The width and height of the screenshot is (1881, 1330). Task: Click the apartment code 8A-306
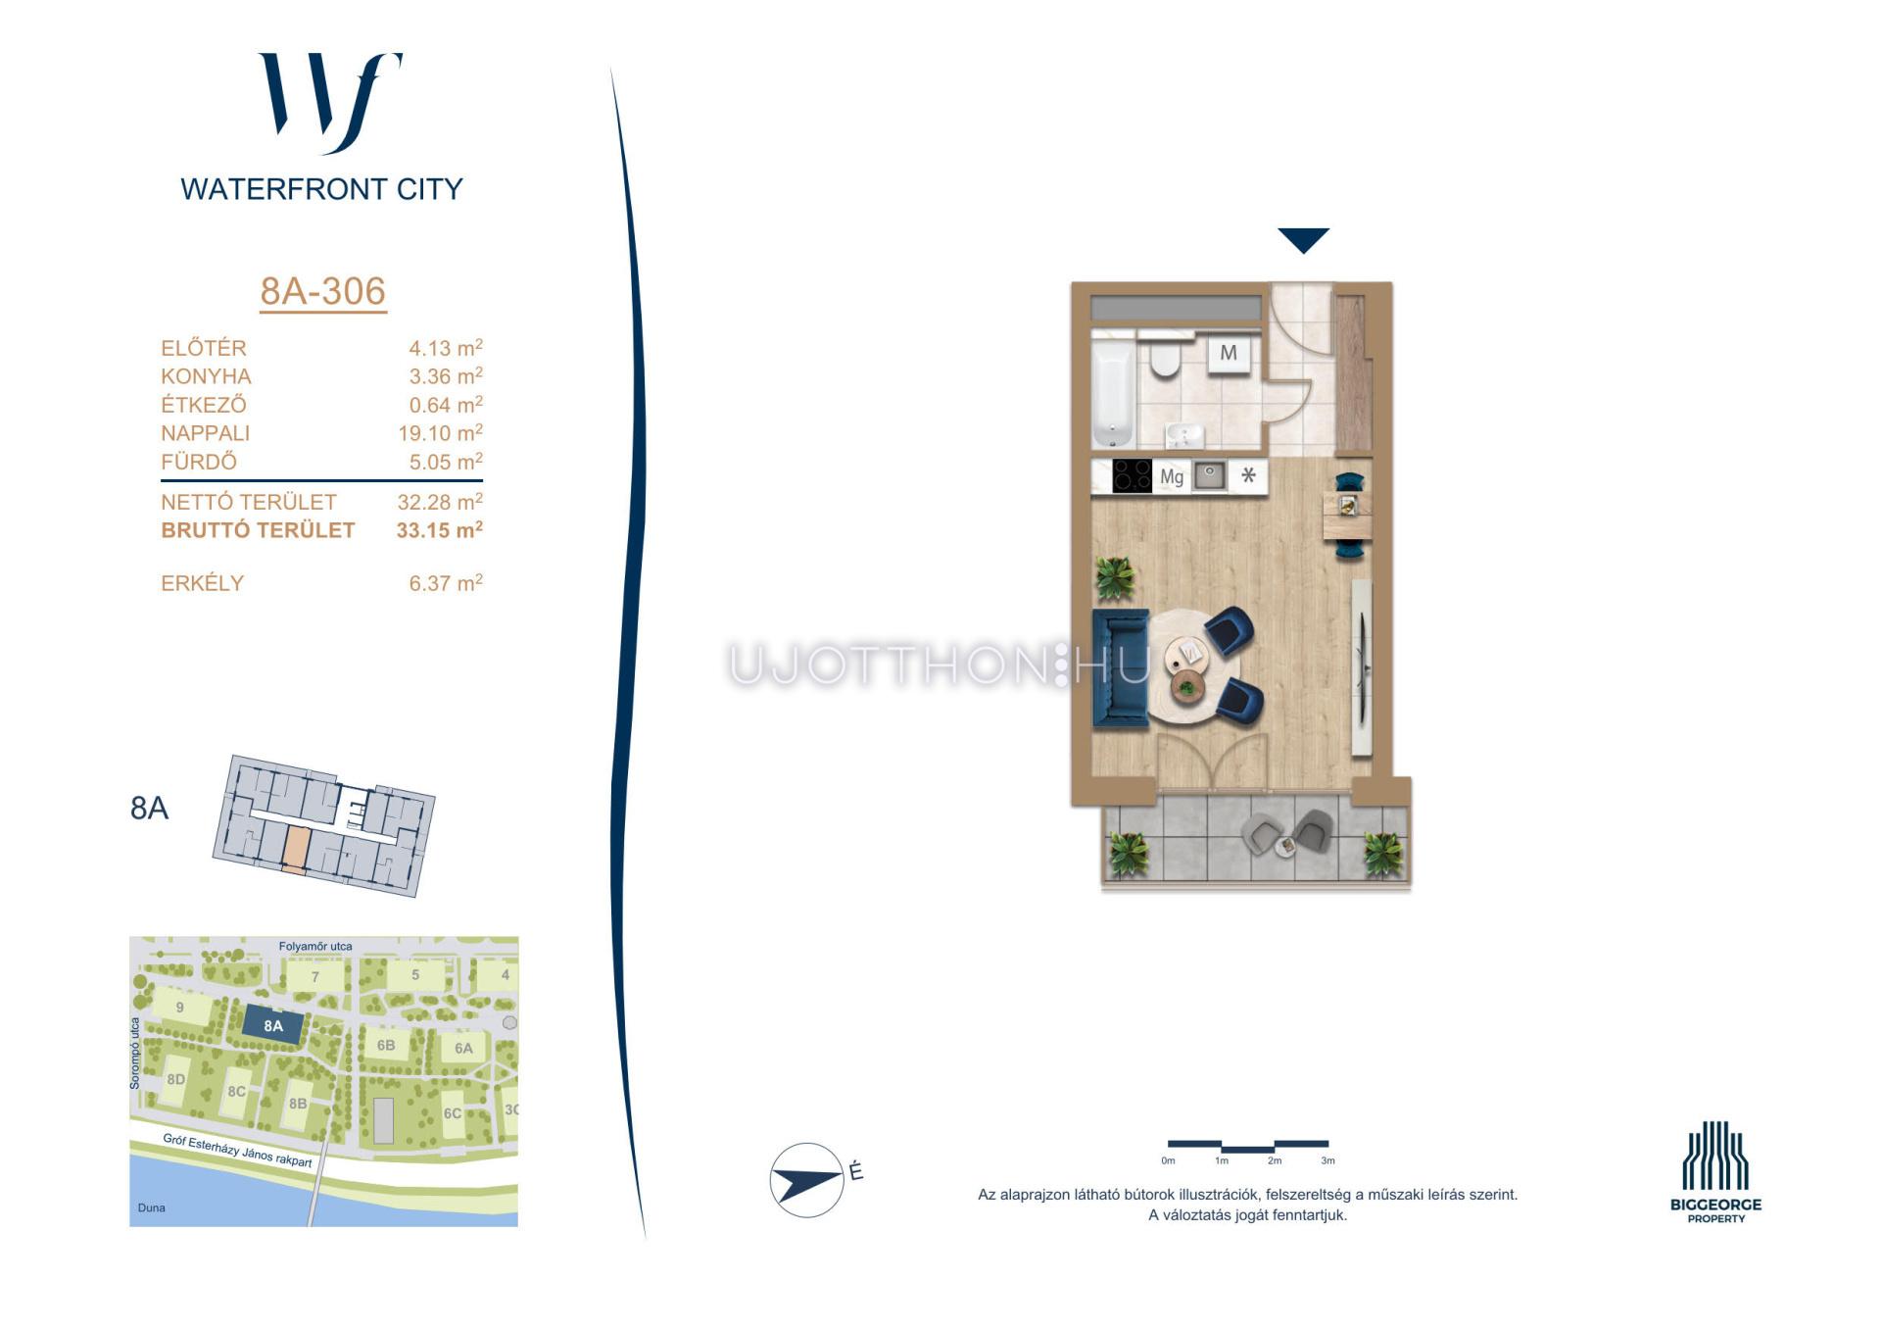322,291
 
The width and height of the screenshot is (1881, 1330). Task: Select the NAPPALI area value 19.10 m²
440,432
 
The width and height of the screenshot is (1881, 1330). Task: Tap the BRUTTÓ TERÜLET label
258,530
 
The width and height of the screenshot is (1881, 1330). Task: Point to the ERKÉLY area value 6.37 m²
446,583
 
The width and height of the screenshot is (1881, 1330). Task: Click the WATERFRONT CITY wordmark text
321,189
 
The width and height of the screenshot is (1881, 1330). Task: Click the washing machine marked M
1228,353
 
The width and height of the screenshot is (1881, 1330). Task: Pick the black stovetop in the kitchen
1132,476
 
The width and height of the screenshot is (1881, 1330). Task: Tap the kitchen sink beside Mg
1210,476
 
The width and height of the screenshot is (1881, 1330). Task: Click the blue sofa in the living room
1121,668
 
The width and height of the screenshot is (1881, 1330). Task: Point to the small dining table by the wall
1347,516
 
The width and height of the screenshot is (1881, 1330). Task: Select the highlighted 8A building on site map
273,1026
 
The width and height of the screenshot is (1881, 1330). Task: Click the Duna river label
151,1207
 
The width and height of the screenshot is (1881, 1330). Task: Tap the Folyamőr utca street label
315,946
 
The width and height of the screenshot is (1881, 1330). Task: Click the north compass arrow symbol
807,1179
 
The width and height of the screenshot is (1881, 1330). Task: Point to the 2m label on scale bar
1274,1160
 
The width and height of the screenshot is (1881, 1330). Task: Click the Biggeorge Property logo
1715,1171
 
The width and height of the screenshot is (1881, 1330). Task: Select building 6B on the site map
386,1045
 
